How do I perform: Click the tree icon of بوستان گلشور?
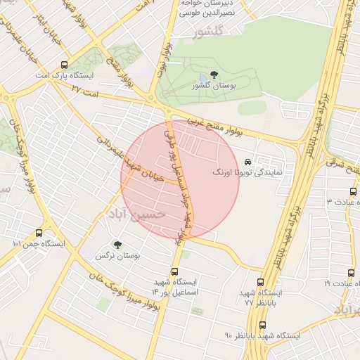click(x=214, y=75)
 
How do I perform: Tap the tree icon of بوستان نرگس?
click(x=117, y=245)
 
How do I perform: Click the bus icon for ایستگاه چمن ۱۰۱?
click(x=38, y=233)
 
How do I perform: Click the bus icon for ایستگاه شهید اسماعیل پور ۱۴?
click(x=174, y=271)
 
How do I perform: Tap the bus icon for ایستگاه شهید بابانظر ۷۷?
click(x=262, y=281)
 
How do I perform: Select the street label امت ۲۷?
click(x=85, y=90)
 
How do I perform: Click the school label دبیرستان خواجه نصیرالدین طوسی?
click(x=210, y=8)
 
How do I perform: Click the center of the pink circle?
click(x=181, y=179)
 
